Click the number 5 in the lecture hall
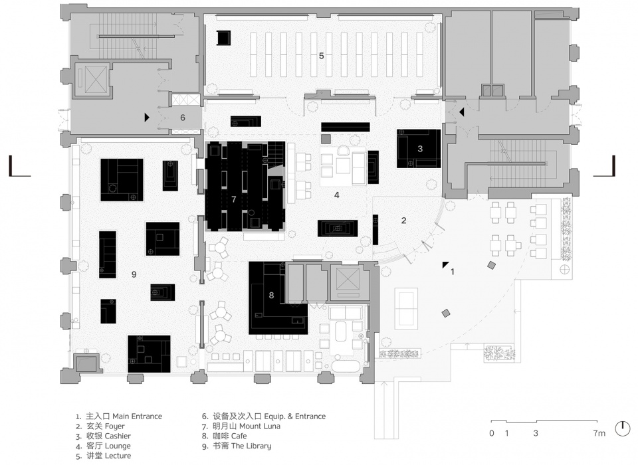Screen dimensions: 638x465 [x=322, y=56]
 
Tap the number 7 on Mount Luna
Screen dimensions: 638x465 [x=233, y=199]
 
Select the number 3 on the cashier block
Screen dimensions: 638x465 [x=420, y=149]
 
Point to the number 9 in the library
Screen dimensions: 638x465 [x=134, y=274]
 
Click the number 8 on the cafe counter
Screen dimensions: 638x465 [x=271, y=296]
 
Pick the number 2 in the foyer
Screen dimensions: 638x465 [x=403, y=221]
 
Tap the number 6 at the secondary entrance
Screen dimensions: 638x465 [x=183, y=118]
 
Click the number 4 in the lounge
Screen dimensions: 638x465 [x=337, y=195]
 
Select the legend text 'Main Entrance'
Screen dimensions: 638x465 [x=137, y=417]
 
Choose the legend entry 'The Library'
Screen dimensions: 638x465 [x=251, y=446]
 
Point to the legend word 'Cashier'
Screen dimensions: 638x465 [x=118, y=436]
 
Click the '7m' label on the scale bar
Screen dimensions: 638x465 [x=599, y=433]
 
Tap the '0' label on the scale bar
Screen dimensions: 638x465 [x=492, y=433]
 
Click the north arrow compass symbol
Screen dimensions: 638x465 [x=623, y=428]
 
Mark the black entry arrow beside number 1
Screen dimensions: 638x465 [x=446, y=265]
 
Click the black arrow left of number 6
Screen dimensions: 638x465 [x=147, y=118]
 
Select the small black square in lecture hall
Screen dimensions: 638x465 [x=223, y=38]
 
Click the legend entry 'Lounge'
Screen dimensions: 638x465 [x=118, y=446]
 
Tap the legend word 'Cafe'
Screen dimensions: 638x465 [x=239, y=436]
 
